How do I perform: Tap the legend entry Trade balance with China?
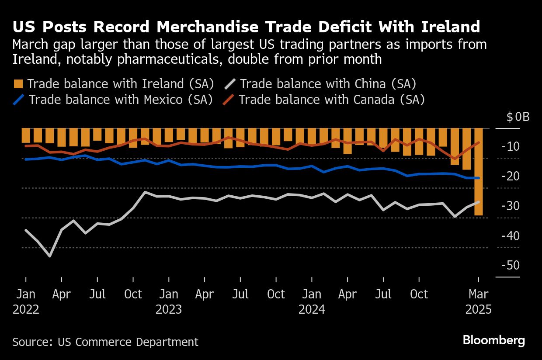point(327,84)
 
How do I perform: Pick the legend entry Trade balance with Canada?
point(331,100)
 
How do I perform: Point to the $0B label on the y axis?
point(518,117)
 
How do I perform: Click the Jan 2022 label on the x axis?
point(26,301)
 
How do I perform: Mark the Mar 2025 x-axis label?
point(479,301)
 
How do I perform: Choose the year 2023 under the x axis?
point(169,309)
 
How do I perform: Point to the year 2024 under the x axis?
point(312,309)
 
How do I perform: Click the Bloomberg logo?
point(494,341)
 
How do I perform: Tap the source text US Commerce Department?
point(105,342)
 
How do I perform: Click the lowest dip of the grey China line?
point(50,256)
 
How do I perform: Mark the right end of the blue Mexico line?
point(479,178)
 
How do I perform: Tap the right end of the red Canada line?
point(479,142)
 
